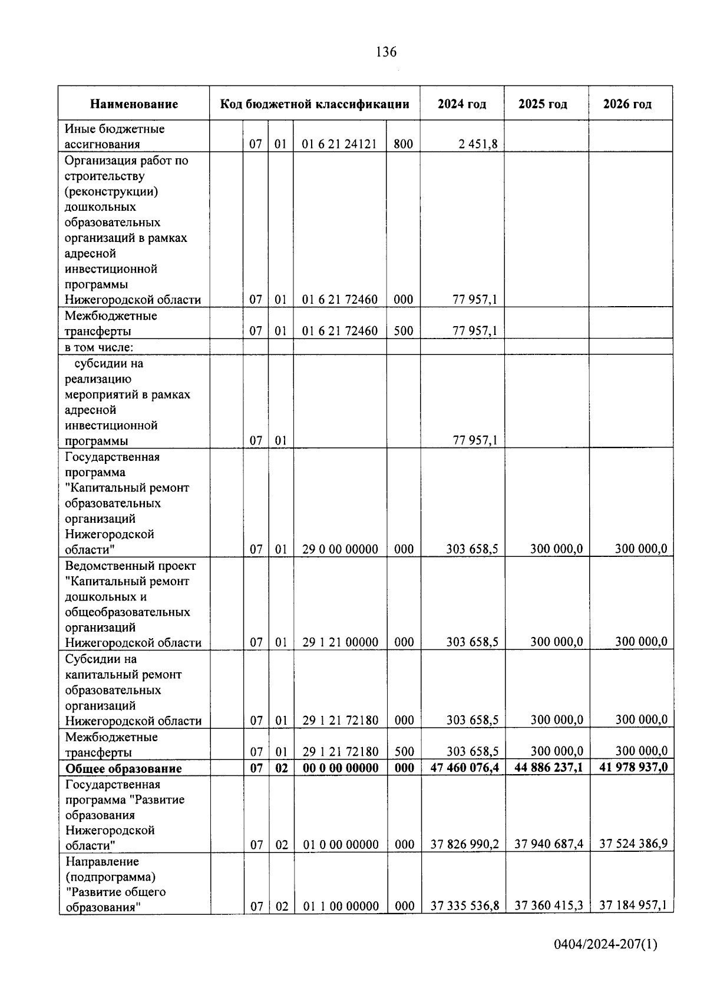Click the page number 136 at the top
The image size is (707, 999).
pyautogui.click(x=386, y=52)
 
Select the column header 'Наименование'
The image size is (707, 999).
pyautogui.click(x=134, y=104)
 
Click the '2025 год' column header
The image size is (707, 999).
pyautogui.click(x=543, y=104)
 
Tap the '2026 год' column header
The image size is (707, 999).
pyautogui.click(x=627, y=104)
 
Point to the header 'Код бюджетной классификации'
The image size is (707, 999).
pyautogui.click(x=315, y=104)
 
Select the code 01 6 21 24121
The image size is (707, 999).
pyautogui.click(x=339, y=144)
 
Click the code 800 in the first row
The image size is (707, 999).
pyautogui.click(x=403, y=144)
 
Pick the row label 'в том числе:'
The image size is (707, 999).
pyautogui.click(x=100, y=347)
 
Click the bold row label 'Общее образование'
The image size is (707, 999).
pyautogui.click(x=124, y=768)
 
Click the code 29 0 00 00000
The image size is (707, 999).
pyautogui.click(x=340, y=549)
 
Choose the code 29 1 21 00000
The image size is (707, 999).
pyautogui.click(x=340, y=642)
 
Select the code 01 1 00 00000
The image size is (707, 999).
pyautogui.click(x=341, y=906)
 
